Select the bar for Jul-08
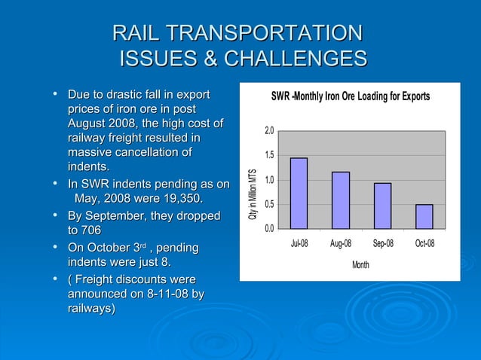[x=299, y=193]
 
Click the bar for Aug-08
[x=341, y=200]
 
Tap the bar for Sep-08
[x=382, y=205]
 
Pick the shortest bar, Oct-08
[x=424, y=216]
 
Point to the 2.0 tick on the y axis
[x=269, y=131]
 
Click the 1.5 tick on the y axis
[x=269, y=155]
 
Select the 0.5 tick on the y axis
[x=269, y=204]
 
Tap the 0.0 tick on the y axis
[x=269, y=228]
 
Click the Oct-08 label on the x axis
[x=424, y=244]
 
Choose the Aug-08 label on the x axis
[x=341, y=244]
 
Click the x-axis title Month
[x=360, y=264]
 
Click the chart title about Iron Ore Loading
[x=351, y=97]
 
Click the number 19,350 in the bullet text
[x=176, y=198]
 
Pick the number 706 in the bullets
[x=84, y=230]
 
